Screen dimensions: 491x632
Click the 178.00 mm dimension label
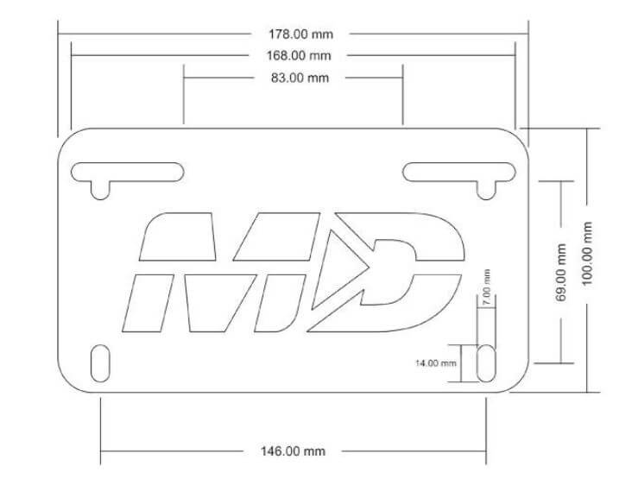(x=300, y=35)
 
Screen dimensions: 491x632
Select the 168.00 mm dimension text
(x=299, y=56)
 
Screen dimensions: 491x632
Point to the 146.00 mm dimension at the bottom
(x=294, y=451)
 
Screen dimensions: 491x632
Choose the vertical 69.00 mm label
(x=560, y=272)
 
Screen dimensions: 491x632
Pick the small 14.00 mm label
(x=436, y=363)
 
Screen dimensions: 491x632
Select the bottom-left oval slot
(x=101, y=362)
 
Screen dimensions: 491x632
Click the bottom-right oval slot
(x=487, y=363)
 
